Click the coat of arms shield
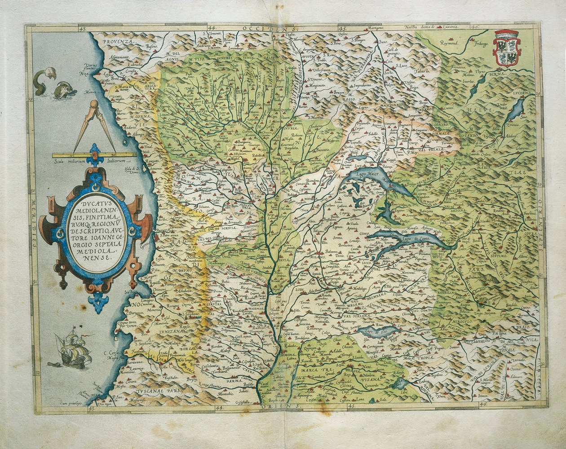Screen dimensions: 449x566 click(x=507, y=48)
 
